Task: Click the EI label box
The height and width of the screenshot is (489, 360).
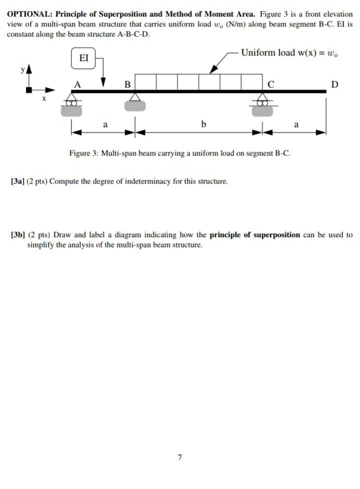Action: [84, 58]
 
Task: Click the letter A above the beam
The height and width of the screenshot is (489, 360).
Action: [77, 84]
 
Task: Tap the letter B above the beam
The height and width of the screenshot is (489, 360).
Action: [127, 84]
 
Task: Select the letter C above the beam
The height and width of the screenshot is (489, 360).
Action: [270, 84]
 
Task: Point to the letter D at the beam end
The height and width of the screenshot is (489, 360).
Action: [334, 84]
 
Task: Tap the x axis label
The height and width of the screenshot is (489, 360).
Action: [43, 99]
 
